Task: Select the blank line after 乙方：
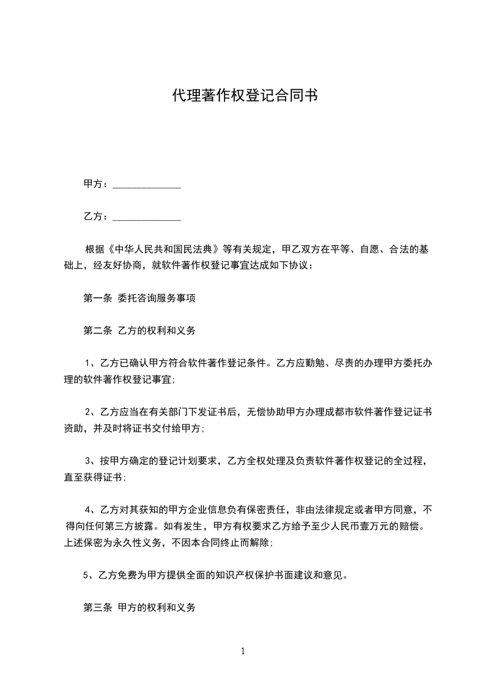(147, 217)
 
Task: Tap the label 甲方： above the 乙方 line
(96, 184)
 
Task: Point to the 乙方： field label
(96, 216)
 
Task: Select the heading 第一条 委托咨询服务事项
(139, 299)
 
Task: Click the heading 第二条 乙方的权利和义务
(139, 331)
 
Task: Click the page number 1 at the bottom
(243, 652)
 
